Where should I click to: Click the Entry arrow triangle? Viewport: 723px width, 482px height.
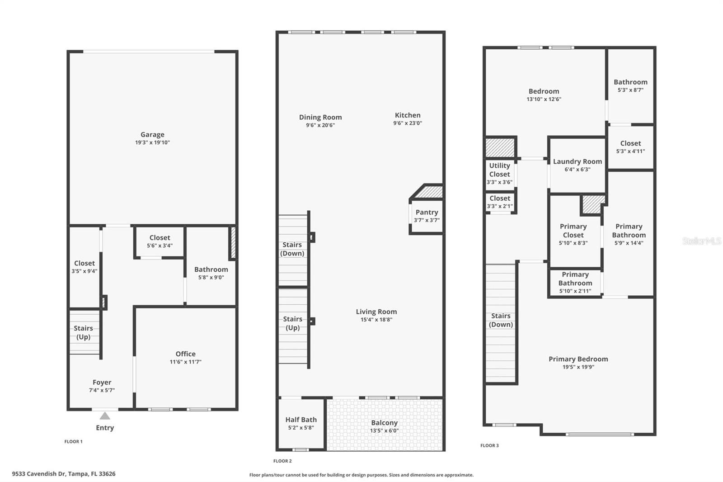[x=105, y=416]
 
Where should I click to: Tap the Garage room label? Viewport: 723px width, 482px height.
[x=152, y=135]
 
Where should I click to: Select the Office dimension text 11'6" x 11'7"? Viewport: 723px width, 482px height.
[x=185, y=362]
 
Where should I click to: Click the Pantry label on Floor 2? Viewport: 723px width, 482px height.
[x=427, y=213]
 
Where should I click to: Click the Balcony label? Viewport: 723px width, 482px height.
[x=384, y=423]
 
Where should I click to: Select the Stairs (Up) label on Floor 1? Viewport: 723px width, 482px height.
[x=83, y=332]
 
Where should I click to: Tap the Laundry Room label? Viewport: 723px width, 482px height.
[x=577, y=161]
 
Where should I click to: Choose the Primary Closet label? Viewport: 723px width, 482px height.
[x=573, y=231]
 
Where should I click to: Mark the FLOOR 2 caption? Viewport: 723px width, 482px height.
[x=282, y=461]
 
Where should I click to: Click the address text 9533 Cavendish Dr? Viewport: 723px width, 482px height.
[x=64, y=474]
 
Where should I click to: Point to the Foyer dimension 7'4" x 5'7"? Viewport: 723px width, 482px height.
[x=102, y=390]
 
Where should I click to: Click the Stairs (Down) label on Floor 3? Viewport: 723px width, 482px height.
[x=501, y=320]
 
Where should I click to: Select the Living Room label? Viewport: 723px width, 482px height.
[x=376, y=312]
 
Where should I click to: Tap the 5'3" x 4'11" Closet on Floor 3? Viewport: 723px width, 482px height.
[x=630, y=147]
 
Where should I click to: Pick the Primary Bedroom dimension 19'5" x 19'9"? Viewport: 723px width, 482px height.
[x=578, y=367]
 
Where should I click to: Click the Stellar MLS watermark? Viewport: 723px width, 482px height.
[x=701, y=241]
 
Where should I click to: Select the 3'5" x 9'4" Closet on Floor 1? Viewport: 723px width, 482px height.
[x=85, y=267]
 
